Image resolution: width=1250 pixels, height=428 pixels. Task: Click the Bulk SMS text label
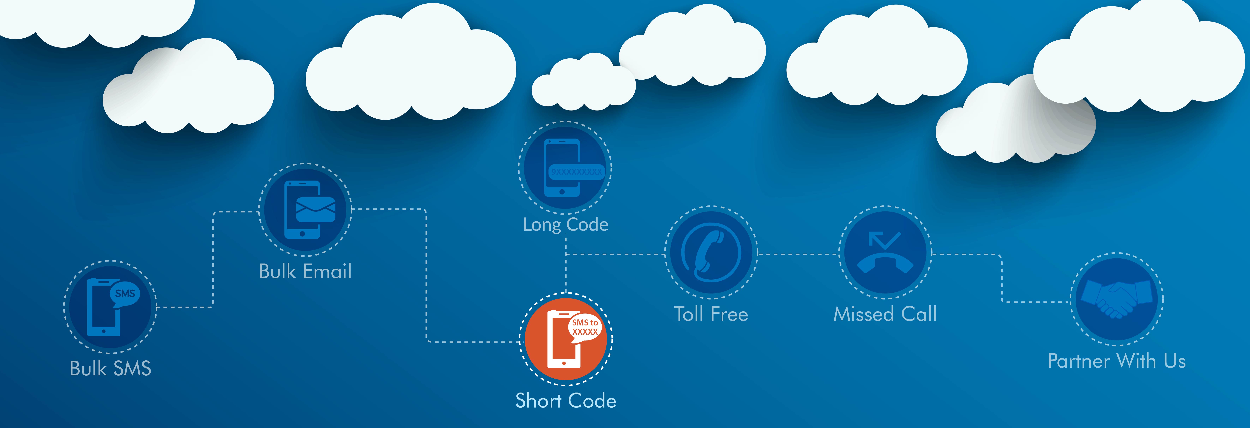coord(111,368)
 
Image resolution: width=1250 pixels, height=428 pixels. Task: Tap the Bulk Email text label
coord(305,271)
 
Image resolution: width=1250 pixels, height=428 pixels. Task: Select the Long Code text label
coord(565,224)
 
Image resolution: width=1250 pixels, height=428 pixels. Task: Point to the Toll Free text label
coord(711,314)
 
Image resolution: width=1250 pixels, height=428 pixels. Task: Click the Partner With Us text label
coord(1117,361)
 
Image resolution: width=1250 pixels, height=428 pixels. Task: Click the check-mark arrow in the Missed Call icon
coord(884,240)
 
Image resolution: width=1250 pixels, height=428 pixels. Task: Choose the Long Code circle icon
coord(565,167)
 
